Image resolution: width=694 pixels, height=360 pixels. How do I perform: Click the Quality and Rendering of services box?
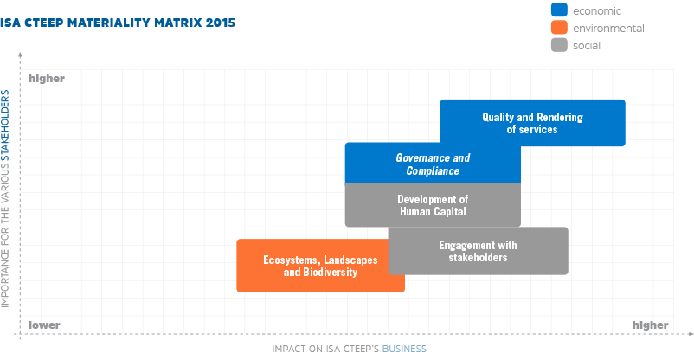click(532, 123)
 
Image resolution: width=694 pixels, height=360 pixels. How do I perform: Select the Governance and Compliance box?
click(433, 163)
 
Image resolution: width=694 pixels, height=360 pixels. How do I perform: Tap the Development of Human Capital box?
click(433, 205)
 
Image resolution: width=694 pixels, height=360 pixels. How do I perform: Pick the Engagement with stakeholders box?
click(478, 251)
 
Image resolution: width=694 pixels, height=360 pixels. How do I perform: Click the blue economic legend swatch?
click(559, 10)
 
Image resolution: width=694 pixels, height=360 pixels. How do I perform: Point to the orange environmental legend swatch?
click(559, 28)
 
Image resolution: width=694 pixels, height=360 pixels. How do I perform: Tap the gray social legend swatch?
click(559, 45)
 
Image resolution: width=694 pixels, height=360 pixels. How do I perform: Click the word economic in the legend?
click(597, 11)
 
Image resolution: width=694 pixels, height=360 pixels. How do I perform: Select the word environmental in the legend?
click(608, 29)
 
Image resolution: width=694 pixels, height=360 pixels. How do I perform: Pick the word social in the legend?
click(587, 46)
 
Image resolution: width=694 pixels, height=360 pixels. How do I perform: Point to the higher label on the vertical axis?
click(47, 79)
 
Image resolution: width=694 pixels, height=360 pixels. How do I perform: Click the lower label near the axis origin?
click(44, 325)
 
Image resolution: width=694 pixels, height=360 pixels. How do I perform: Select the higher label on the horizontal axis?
click(650, 325)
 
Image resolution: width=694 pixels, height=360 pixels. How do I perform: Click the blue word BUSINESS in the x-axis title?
click(404, 349)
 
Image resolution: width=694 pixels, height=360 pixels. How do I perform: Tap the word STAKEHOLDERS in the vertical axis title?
click(5, 125)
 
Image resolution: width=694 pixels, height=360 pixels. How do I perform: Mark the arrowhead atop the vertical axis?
click(20, 55)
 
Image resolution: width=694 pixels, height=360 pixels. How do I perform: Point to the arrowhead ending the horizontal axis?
click(691, 334)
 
